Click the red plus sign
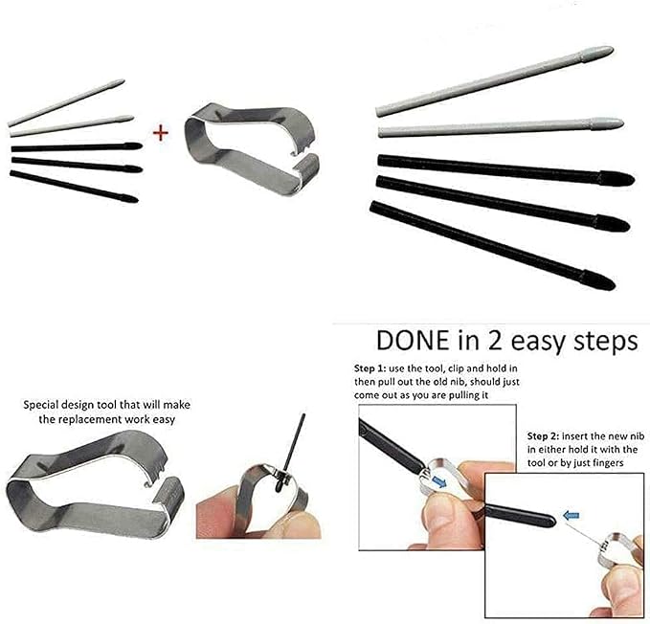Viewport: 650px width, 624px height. tap(161, 133)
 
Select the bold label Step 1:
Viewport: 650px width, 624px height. tap(370, 368)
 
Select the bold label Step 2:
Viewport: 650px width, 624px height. tap(543, 436)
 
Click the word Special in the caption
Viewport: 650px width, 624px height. tap(41, 405)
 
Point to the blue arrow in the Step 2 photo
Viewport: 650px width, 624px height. tap(572, 516)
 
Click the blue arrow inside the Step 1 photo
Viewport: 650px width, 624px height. tap(439, 482)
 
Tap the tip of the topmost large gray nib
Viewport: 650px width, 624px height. tap(613, 49)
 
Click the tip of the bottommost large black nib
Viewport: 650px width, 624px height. tap(614, 286)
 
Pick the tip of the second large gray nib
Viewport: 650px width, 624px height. tap(622, 123)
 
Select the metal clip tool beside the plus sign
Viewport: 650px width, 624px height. tap(252, 149)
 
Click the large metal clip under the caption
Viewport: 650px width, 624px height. tap(96, 485)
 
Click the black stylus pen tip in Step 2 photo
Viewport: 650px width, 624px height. tap(520, 514)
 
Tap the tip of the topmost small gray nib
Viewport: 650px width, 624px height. tap(123, 80)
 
